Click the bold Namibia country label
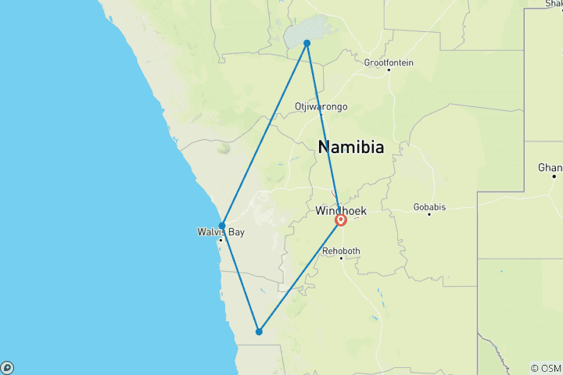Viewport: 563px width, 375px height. pyautogui.click(x=351, y=146)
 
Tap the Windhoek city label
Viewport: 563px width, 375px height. pyautogui.click(x=341, y=211)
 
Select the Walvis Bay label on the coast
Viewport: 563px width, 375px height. pyautogui.click(x=216, y=232)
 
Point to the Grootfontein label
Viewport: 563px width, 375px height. pyautogui.click(x=389, y=62)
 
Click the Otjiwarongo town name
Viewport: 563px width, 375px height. pyautogui.click(x=321, y=106)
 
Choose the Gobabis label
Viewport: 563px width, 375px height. pyautogui.click(x=429, y=207)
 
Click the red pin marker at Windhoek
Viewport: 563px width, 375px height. pyautogui.click(x=341, y=220)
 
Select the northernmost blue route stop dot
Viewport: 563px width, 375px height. pyautogui.click(x=307, y=43)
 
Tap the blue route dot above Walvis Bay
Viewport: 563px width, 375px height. pyautogui.click(x=222, y=226)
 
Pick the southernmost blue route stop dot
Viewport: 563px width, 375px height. pyautogui.click(x=259, y=331)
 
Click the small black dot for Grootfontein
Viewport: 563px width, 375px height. pyautogui.click(x=389, y=70)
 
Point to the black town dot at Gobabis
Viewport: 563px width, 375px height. pyautogui.click(x=429, y=214)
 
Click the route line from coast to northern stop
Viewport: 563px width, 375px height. pyautogui.click(x=264, y=134)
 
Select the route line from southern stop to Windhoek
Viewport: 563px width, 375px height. pyautogui.click(x=299, y=277)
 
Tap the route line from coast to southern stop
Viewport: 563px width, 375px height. pyautogui.click(x=240, y=278)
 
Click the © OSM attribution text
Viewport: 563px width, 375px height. pyautogui.click(x=545, y=368)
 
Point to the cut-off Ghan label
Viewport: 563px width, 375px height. pyautogui.click(x=550, y=168)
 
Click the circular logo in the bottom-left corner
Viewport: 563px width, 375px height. pyautogui.click(x=7, y=367)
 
